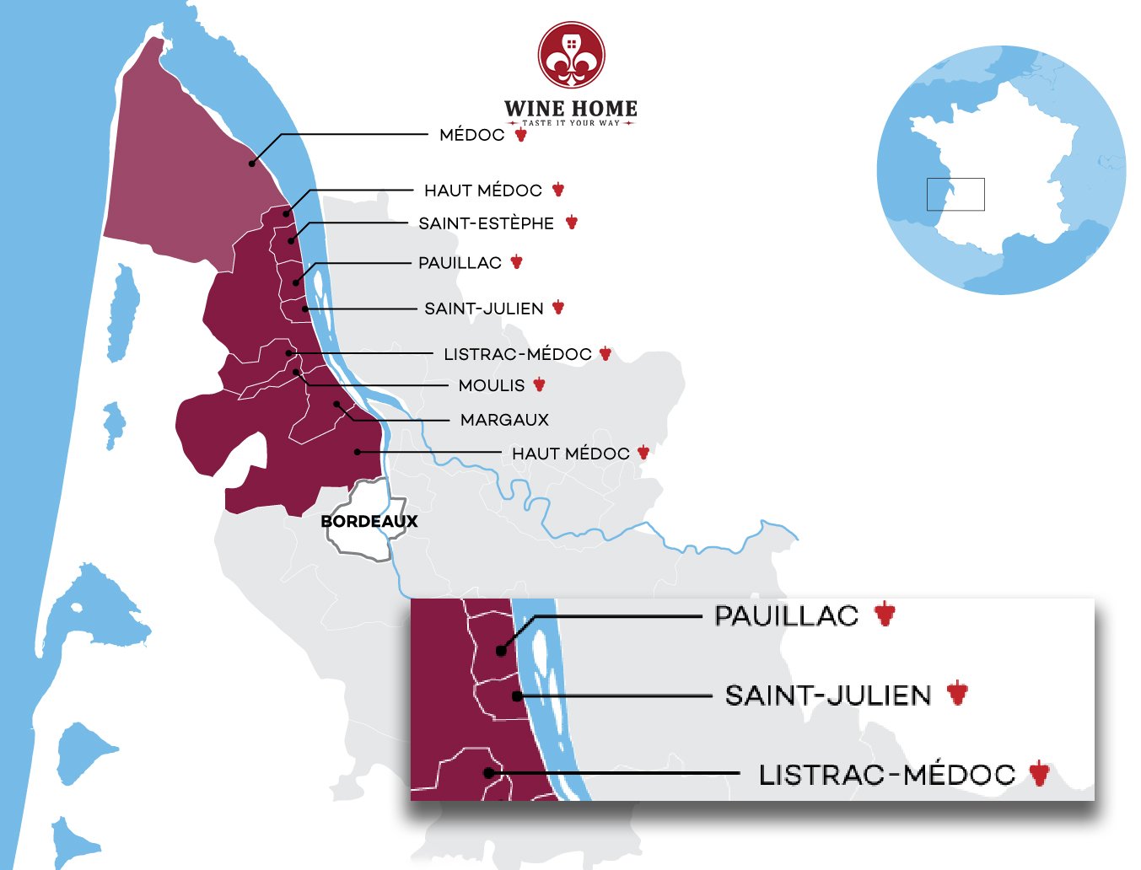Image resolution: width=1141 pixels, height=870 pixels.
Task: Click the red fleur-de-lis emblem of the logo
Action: (572, 56)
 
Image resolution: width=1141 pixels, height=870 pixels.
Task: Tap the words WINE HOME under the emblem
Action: (571, 109)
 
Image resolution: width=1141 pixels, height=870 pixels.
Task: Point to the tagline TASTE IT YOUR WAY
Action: (571, 123)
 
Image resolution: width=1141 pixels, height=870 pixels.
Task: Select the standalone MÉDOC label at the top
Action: (471, 135)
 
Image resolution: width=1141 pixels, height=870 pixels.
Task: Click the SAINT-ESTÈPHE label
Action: (486, 223)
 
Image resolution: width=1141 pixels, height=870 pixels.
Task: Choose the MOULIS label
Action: (491, 385)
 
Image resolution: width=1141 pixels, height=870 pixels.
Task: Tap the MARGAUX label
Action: (504, 420)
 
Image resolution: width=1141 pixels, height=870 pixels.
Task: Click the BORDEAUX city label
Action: (369, 522)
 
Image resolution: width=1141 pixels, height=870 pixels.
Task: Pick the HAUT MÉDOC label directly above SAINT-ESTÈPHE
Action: (482, 191)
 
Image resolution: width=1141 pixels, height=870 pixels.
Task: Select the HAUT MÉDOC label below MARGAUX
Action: (570, 454)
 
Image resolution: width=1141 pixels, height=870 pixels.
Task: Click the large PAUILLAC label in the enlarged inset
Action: (786, 616)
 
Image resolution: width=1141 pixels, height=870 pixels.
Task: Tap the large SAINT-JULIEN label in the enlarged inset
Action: (828, 695)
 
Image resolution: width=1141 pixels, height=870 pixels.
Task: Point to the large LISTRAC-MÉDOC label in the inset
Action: (886, 775)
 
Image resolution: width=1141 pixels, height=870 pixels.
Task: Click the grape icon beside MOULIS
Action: (539, 385)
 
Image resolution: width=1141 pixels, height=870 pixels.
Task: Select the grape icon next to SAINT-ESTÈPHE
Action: (571, 223)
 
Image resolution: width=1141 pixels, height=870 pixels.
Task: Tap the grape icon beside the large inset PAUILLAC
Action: (884, 615)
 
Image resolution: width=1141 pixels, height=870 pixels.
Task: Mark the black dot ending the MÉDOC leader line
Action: (251, 164)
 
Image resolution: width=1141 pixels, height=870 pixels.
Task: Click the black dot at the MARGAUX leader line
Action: (336, 405)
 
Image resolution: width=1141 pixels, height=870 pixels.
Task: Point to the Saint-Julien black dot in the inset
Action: (518, 696)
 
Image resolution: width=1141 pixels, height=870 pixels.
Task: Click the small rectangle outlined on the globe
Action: (955, 195)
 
